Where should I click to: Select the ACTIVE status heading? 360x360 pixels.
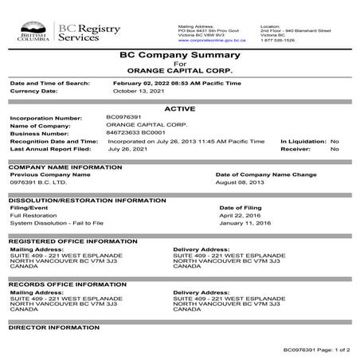180,108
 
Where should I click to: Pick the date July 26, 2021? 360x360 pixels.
129,149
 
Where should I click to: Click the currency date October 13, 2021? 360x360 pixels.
136,91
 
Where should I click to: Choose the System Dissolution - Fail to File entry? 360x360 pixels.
58,223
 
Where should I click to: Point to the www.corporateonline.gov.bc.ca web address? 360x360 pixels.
209,38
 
